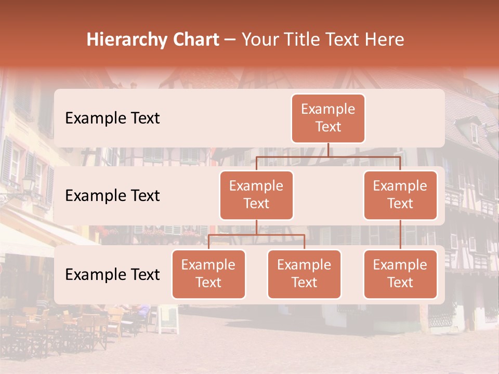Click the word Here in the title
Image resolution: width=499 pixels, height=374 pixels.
(385, 40)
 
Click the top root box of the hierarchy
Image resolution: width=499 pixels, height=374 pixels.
(328, 118)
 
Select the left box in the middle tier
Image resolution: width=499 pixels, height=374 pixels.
(256, 195)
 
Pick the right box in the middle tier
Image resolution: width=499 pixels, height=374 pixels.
(400, 195)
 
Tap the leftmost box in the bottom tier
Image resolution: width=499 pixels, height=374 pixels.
(208, 274)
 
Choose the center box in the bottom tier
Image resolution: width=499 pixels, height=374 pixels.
(304, 274)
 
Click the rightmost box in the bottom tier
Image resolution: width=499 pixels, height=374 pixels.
(400, 274)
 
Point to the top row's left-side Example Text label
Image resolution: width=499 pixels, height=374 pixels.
(112, 118)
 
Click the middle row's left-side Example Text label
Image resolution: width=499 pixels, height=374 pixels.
(112, 196)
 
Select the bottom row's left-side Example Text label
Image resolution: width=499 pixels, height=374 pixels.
(112, 274)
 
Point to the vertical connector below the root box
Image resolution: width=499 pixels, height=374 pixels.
(328, 150)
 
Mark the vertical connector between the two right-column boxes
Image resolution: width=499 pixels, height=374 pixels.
(400, 235)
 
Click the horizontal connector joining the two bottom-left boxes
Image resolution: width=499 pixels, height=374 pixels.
(256, 235)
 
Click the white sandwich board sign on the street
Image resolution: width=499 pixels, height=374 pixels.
(168, 319)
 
